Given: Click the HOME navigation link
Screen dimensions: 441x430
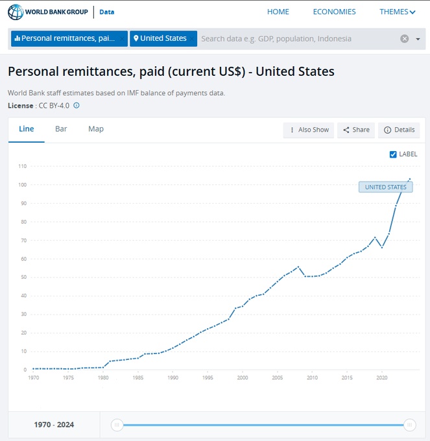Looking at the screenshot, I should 278,12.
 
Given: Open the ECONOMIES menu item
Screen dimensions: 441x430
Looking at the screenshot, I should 334,12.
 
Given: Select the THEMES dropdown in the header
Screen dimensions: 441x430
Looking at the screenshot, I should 397,12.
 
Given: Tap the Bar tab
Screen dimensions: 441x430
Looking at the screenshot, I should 61,129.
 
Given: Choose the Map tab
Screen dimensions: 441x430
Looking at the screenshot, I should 96,129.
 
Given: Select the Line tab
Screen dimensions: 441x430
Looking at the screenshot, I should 27,129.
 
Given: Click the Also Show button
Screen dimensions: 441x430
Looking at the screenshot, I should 309,130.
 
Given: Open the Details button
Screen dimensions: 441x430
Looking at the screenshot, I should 399,130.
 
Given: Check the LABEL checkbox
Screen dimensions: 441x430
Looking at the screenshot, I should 393,154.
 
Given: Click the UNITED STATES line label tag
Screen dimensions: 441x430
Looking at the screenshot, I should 385,187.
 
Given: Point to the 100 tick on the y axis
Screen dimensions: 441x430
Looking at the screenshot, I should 22,185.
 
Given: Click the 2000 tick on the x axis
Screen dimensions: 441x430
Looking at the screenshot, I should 242,377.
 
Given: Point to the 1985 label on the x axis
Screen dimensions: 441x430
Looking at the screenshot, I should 137,377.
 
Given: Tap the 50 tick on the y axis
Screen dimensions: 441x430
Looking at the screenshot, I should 23,278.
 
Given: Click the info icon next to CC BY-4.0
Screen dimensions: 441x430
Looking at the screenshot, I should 77,105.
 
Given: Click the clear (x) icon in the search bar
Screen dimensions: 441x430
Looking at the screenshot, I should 404,39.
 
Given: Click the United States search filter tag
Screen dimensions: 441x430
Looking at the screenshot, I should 160,38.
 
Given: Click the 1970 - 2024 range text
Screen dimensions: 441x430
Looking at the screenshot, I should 54,425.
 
